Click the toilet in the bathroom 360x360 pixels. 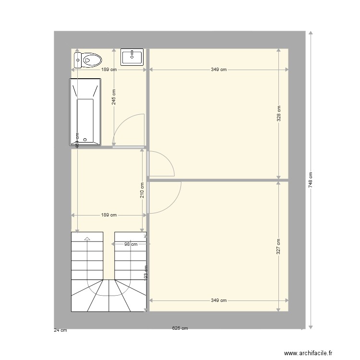(x=88, y=60)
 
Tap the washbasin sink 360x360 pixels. (x=132, y=57)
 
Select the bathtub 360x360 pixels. (x=85, y=112)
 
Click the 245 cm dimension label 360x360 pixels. (x=114, y=97)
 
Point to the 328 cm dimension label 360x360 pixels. (x=279, y=113)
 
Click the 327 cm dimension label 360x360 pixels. (x=279, y=246)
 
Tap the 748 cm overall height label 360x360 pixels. (x=311, y=180)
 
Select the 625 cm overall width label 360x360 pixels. (x=180, y=328)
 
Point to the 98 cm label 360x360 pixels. (x=131, y=244)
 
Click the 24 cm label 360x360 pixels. (x=60, y=330)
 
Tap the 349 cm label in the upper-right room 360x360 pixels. (x=218, y=70)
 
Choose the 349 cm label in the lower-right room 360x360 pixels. (x=218, y=300)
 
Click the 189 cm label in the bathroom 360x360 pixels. (x=108, y=70)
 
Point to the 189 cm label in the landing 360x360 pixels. (x=108, y=215)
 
